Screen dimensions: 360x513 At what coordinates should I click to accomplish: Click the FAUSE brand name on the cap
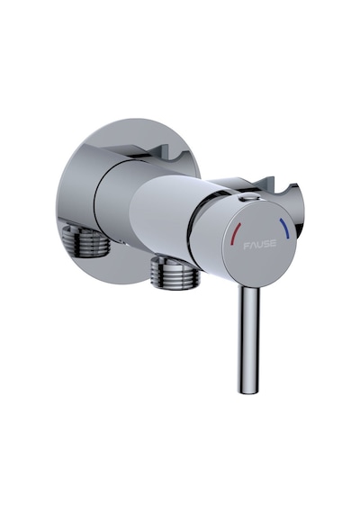tap(260, 245)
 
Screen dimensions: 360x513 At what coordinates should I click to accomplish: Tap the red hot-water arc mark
tap(235, 234)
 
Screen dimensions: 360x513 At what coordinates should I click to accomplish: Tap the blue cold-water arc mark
tap(285, 229)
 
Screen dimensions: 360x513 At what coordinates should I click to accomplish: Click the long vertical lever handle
tap(249, 338)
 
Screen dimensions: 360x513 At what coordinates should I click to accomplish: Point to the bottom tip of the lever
tap(248, 391)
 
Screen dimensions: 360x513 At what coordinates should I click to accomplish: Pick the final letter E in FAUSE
tap(273, 243)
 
